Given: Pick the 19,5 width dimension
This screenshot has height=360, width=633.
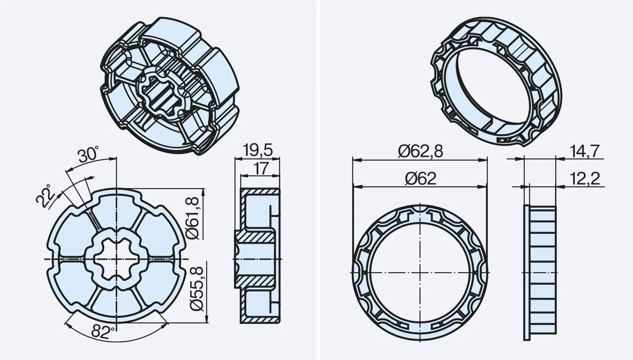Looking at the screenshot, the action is point(258,150).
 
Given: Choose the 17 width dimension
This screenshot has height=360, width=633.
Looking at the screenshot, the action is point(261,169).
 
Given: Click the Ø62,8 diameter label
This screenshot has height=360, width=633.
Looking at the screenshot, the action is point(420,152).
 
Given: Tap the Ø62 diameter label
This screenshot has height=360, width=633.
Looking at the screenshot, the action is point(420,179).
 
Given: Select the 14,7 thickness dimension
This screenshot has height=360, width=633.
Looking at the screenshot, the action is point(584,152).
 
